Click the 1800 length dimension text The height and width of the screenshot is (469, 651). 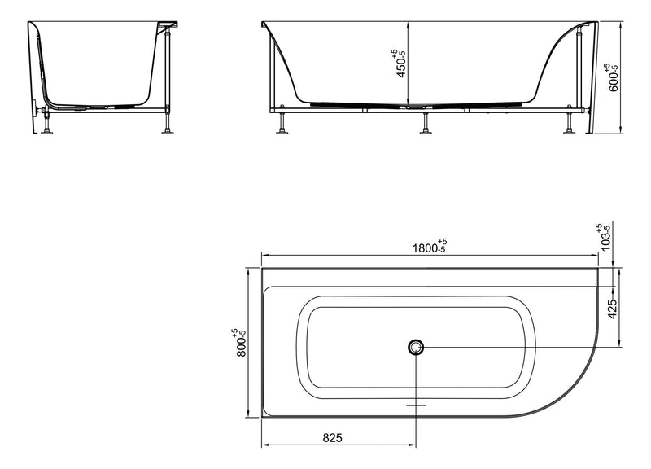click(x=426, y=247)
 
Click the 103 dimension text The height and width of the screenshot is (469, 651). click(x=604, y=237)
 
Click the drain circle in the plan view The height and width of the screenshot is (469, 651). click(x=417, y=348)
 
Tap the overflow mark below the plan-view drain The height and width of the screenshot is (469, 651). click(x=417, y=403)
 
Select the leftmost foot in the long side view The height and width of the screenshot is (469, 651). click(x=282, y=124)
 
